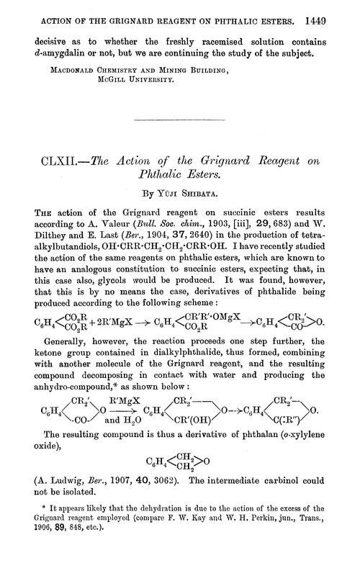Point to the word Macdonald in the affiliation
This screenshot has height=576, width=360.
click(x=73, y=71)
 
